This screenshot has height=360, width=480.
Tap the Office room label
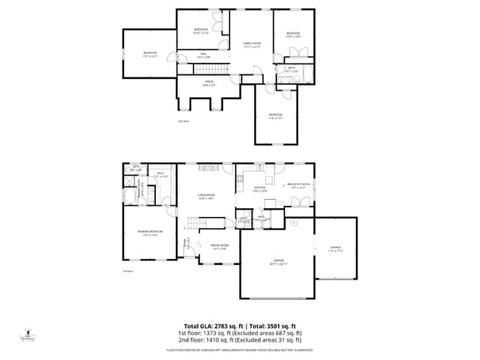(208, 83)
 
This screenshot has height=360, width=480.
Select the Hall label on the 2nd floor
(203, 55)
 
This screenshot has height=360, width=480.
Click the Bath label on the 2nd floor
(292, 69)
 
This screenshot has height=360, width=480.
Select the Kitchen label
(259, 189)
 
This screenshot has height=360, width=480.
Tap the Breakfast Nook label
(299, 186)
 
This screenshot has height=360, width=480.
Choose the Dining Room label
(219, 246)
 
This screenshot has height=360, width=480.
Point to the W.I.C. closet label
(160, 175)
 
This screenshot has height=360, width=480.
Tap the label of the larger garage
(279, 262)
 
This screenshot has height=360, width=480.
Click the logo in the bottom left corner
(28, 336)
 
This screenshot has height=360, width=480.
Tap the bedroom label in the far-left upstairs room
(151, 54)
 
